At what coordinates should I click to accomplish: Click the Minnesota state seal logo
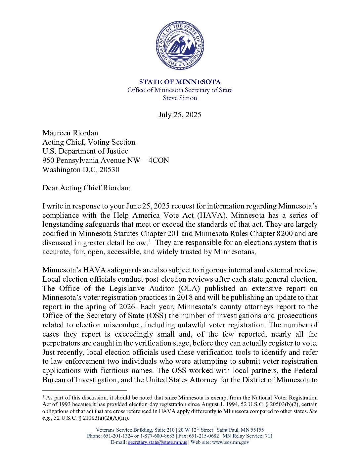pyautogui.click(x=180, y=45)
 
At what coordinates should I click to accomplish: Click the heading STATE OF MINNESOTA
pyautogui.click(x=180, y=82)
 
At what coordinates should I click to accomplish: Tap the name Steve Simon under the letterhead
pyautogui.click(x=180, y=98)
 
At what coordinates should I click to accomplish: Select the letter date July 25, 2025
pyautogui.click(x=180, y=115)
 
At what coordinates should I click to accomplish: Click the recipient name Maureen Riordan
pyautogui.click(x=70, y=133)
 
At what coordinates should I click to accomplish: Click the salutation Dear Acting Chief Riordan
pyautogui.click(x=86, y=188)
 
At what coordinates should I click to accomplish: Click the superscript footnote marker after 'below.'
pyautogui.click(x=150, y=241)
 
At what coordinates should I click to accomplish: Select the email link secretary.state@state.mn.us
pyautogui.click(x=157, y=442)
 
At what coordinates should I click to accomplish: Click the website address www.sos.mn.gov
pyautogui.click(x=230, y=442)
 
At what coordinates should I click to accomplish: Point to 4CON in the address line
pyautogui.click(x=159, y=160)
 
